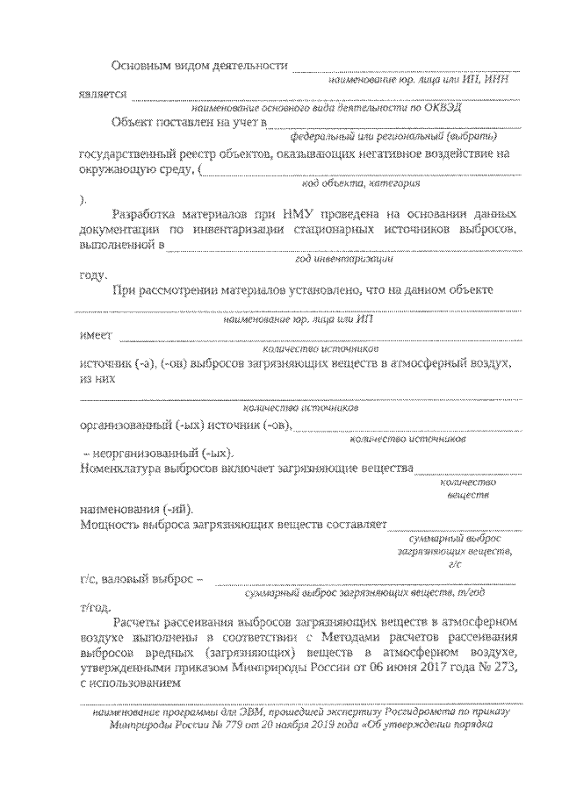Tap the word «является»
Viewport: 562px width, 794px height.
102,93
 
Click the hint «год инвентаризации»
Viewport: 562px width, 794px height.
344,260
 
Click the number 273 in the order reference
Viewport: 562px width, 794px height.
505,669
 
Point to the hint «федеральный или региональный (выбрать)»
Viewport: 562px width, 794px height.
395,137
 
